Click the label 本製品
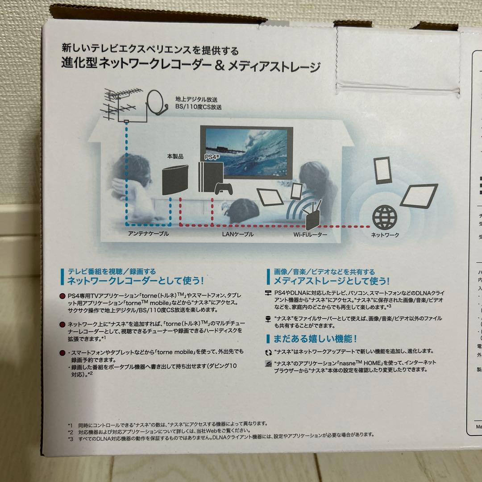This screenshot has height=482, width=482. [175, 157]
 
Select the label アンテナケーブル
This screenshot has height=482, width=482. [149, 234]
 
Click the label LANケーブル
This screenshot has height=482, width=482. [237, 234]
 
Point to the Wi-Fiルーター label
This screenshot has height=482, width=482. [310, 234]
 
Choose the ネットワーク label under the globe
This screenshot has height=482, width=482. [385, 235]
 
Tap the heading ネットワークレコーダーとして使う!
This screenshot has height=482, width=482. [135, 281]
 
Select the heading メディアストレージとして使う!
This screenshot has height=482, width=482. [331, 281]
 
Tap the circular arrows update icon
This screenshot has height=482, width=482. [268, 352]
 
